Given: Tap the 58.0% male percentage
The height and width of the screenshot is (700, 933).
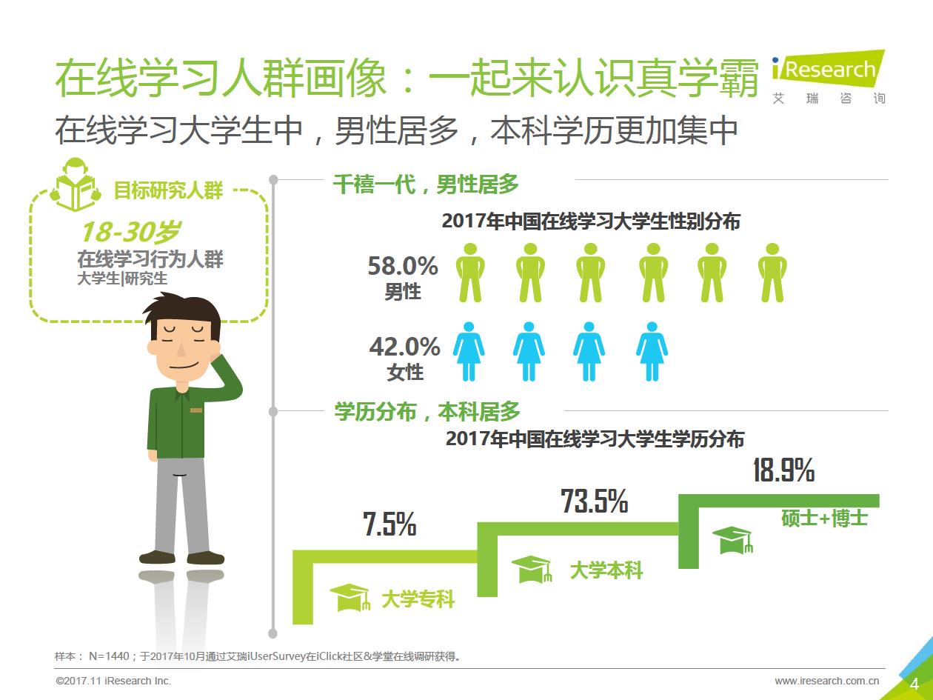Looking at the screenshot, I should point(403,266).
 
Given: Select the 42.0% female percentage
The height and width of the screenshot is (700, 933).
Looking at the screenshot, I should point(404,347).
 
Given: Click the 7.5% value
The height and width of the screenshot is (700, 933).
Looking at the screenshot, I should point(389,524).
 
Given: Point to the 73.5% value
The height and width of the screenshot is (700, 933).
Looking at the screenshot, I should point(594,501).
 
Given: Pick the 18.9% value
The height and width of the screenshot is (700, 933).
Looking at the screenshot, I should point(783,470).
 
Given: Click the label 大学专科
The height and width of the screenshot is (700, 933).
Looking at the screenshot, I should point(418,599).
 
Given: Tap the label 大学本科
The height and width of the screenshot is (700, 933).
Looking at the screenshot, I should point(606,570).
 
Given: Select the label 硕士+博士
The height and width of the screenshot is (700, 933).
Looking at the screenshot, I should point(824,517).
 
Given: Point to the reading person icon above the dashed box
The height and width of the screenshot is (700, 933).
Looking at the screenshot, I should point(75,186).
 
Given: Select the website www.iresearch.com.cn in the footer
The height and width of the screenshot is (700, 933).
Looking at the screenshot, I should point(826,681).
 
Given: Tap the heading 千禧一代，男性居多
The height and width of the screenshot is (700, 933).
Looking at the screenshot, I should point(426,184).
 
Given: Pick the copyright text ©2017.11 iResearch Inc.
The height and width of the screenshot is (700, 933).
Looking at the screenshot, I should point(113,681).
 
